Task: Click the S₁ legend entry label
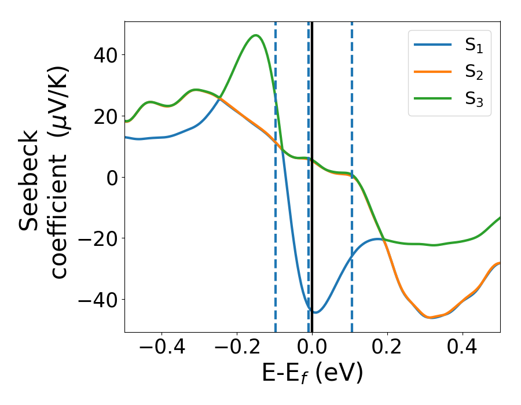[474, 47]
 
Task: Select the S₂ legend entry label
[474, 73]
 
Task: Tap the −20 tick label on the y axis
[96, 238]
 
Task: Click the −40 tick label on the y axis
[96, 300]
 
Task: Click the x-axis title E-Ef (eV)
[312, 374]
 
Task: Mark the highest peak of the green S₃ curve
[255, 35]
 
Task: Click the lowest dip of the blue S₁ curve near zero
[315, 312]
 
